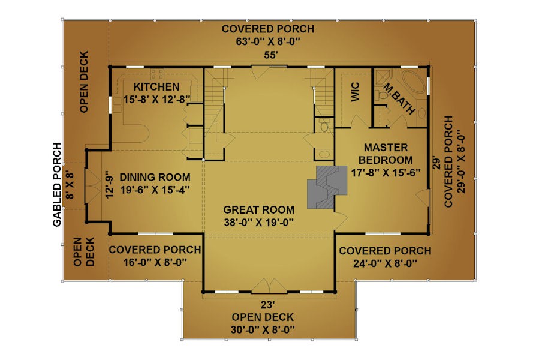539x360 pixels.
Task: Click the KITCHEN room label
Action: [156, 87]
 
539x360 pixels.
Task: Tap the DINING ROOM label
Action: [155, 177]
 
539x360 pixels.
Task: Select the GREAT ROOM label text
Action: [259, 209]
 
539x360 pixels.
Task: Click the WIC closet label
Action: [356, 92]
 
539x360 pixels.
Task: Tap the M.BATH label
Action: [399, 99]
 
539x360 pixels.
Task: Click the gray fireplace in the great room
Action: [327, 187]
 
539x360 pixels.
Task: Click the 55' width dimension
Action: [270, 55]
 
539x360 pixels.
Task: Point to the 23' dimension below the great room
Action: [268, 305]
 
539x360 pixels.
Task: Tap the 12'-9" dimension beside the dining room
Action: [109, 185]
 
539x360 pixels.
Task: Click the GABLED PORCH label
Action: [57, 184]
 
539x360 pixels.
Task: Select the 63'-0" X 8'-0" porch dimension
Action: [268, 41]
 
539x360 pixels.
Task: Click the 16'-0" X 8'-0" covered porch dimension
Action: [155, 263]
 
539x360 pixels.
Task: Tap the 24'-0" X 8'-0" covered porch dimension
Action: [385, 263]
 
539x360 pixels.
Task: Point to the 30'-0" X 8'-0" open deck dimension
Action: [263, 329]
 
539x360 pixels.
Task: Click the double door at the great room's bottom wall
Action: [269, 286]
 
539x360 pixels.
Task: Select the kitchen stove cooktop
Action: [157, 74]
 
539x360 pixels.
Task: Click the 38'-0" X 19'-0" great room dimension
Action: [259, 223]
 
